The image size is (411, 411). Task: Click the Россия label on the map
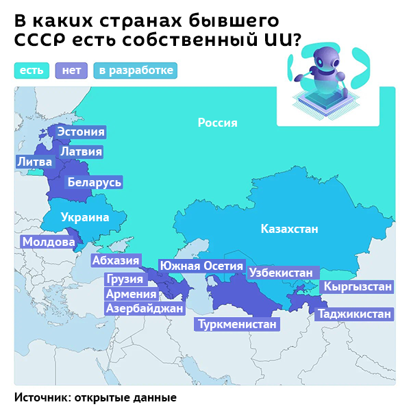click(217, 123)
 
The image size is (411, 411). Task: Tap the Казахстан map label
click(289, 229)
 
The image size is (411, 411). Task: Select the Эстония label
click(81, 132)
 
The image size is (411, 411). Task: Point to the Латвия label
click(81, 151)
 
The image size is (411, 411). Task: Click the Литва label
click(34, 162)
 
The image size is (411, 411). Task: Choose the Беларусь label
click(94, 182)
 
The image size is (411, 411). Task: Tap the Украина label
click(85, 218)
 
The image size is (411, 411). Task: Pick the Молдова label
click(48, 242)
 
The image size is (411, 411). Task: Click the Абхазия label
click(116, 260)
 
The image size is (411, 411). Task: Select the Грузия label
click(125, 279)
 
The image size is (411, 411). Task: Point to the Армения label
click(131, 294)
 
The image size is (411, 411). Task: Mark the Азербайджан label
click(145, 309)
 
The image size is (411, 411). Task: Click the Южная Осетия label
click(201, 266)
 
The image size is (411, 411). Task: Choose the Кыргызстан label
click(358, 286)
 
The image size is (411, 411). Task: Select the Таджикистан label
click(354, 314)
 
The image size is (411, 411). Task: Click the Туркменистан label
click(238, 324)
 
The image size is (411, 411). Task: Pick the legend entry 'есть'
click(32, 70)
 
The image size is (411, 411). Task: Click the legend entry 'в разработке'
click(136, 70)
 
